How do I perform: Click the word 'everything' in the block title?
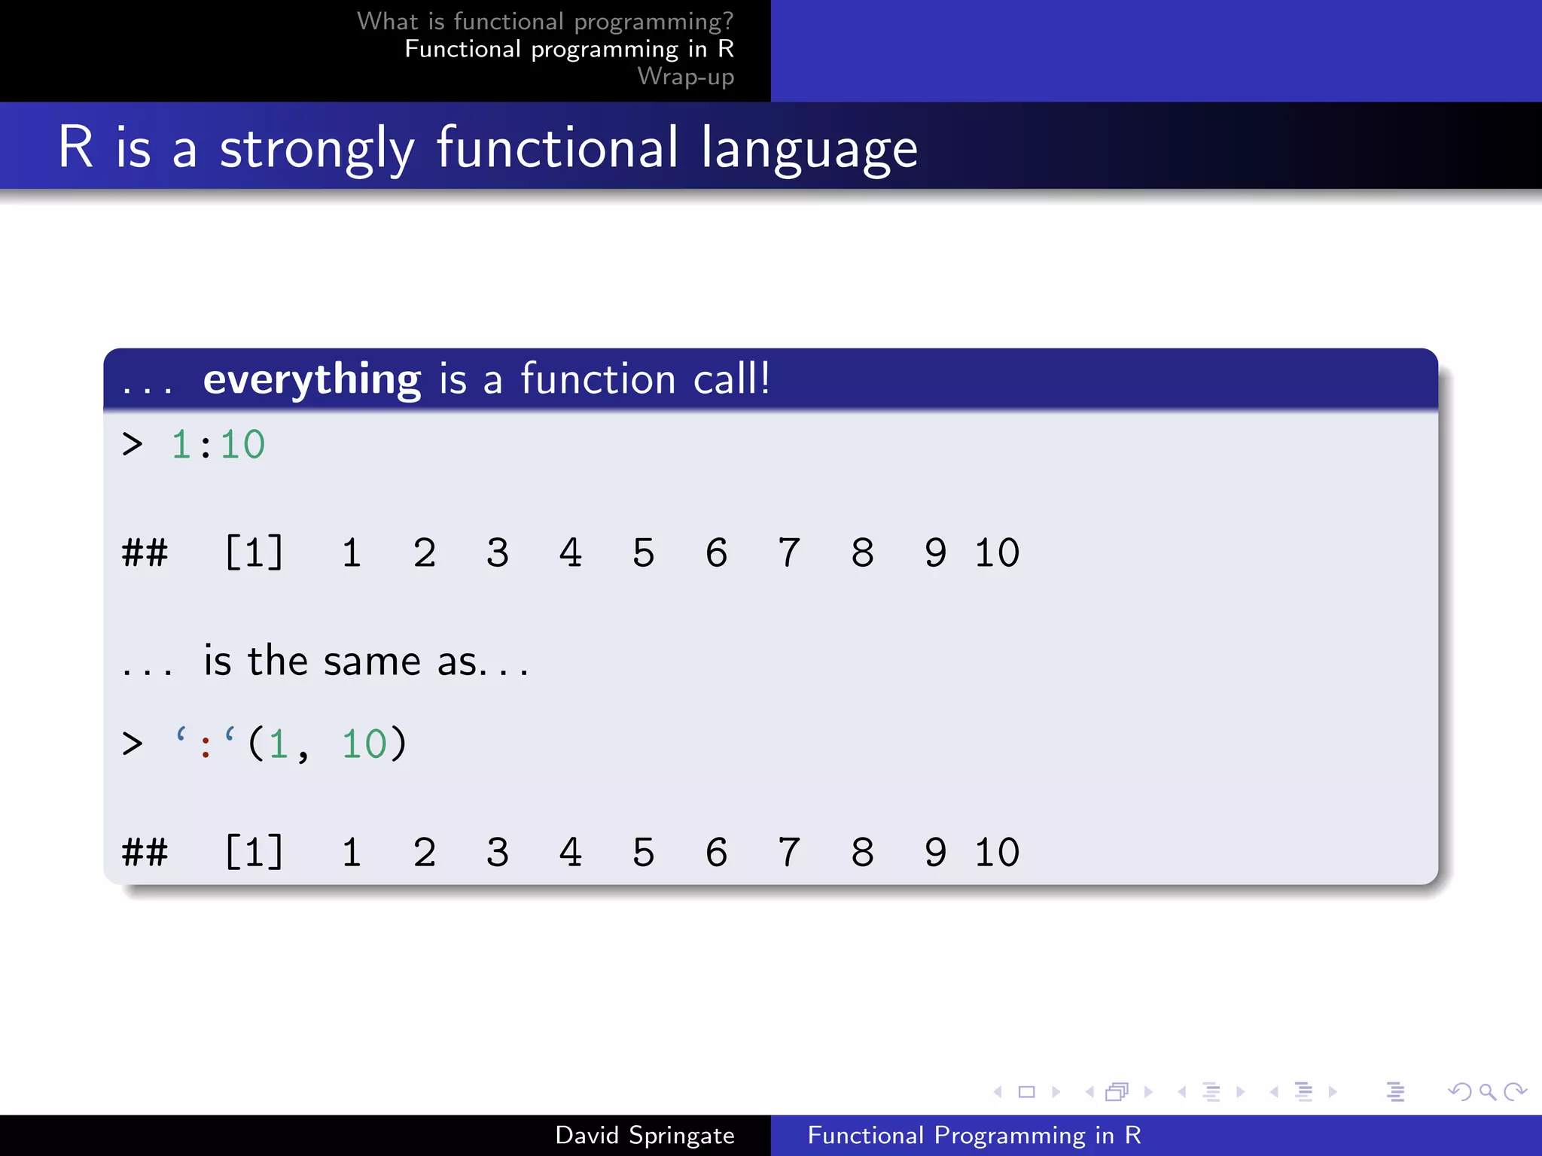(312, 379)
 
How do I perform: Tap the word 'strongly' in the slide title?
(317, 148)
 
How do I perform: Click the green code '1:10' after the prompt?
(218, 444)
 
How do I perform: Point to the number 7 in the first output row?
(788, 552)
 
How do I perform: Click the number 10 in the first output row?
(997, 552)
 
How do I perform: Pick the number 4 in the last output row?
(570, 852)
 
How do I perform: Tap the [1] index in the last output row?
(254, 852)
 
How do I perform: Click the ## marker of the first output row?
(145, 552)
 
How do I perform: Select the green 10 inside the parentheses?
(364, 744)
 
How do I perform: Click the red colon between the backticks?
(205, 746)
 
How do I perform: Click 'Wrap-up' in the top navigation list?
(685, 77)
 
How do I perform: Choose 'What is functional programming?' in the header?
(545, 21)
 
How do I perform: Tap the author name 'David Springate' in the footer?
(645, 1135)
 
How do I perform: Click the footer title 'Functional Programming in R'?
(974, 1135)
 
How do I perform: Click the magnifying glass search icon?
(1487, 1091)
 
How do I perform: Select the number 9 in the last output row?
(935, 852)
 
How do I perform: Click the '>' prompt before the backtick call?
(133, 744)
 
